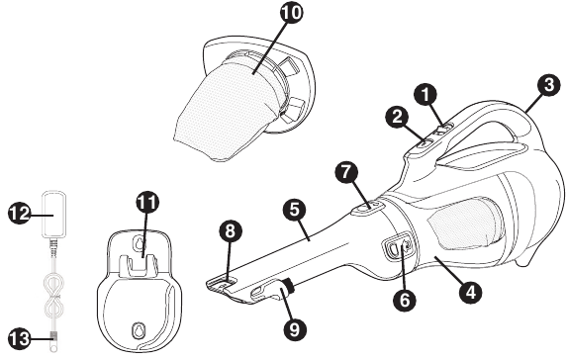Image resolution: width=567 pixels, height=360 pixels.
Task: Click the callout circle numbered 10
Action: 292,13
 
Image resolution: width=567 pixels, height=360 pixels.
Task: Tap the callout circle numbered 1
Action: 425,95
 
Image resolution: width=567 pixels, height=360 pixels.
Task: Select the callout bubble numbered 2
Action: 398,117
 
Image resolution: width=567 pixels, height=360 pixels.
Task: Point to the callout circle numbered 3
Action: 549,85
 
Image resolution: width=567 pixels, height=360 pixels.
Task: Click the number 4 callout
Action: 470,292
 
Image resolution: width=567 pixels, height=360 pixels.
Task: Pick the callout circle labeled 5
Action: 295,210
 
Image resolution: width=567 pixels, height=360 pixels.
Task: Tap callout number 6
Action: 404,300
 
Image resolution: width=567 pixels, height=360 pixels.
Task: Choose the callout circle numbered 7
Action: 346,172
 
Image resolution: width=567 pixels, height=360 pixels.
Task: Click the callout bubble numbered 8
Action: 231,231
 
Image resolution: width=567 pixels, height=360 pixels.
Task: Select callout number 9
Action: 295,329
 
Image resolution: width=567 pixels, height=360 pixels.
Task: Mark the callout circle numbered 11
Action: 147,203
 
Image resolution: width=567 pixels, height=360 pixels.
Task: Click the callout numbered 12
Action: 19,214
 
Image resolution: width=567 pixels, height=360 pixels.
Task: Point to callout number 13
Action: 19,338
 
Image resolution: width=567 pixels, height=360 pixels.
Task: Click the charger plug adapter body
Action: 54,214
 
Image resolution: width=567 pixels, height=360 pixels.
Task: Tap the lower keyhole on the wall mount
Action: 138,329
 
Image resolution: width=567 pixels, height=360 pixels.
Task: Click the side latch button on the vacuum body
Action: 397,246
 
